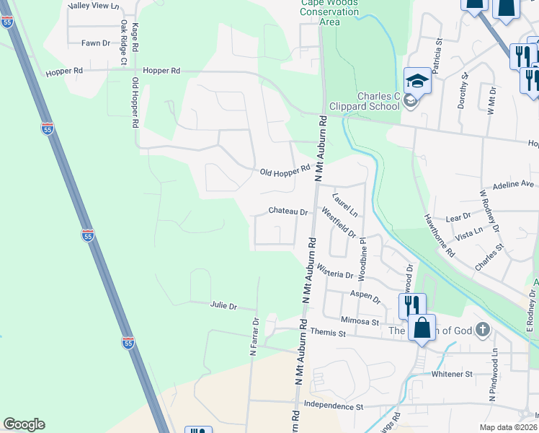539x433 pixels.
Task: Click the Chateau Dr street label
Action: pos(288,212)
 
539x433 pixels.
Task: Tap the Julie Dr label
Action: pos(223,306)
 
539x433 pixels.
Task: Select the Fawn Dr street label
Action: pos(95,43)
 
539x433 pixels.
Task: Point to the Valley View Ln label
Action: pos(94,6)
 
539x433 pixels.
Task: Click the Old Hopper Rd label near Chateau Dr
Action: pos(285,170)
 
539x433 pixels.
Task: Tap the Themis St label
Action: pos(329,333)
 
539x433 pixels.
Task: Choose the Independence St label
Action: pos(333,406)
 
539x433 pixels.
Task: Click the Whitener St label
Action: pos(451,375)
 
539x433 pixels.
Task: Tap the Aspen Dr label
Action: pos(365,297)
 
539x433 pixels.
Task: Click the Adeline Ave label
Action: pos(513,185)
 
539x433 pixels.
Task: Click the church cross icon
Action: pos(483,331)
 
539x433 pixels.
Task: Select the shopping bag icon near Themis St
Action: pos(422,328)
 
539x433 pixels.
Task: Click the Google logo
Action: pos(24,424)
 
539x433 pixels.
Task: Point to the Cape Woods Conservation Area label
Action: pos(329,12)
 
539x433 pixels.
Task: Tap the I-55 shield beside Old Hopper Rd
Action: pos(48,128)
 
